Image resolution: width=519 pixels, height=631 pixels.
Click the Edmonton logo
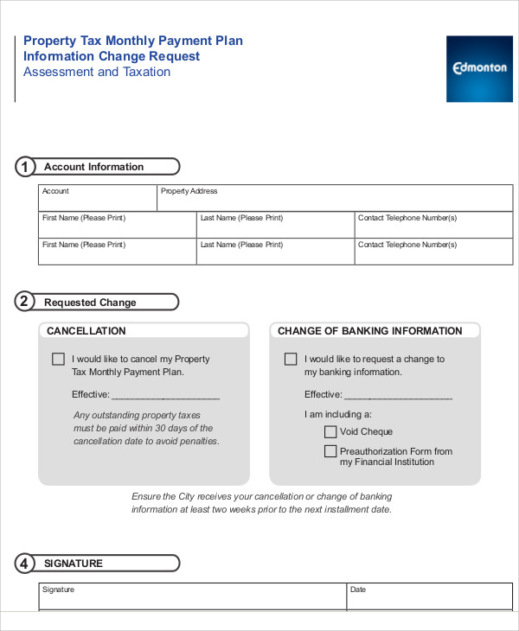479,68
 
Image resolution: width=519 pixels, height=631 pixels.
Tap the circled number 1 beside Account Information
25,167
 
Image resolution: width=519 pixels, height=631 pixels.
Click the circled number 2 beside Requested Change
25,302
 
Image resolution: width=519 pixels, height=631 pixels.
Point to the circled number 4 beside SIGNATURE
25,564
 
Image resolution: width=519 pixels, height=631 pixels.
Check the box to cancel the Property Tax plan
58,359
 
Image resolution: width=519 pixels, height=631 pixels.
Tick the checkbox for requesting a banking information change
291,359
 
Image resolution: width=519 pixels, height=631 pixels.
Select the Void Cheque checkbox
330,431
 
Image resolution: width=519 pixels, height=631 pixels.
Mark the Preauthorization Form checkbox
330,451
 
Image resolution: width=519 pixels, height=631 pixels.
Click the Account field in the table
97,199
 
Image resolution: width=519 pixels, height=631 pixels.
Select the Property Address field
333,199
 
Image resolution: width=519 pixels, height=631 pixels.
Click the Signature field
192,597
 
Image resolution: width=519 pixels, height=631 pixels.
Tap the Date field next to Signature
428,597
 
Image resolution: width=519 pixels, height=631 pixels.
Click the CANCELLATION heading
86,331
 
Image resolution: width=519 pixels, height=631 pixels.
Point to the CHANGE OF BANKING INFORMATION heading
369,331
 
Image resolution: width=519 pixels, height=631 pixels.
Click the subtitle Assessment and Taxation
97,73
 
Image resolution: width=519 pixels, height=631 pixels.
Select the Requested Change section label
90,303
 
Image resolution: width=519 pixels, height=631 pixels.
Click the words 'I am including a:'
337,414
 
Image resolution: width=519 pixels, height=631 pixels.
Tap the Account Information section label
93,167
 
